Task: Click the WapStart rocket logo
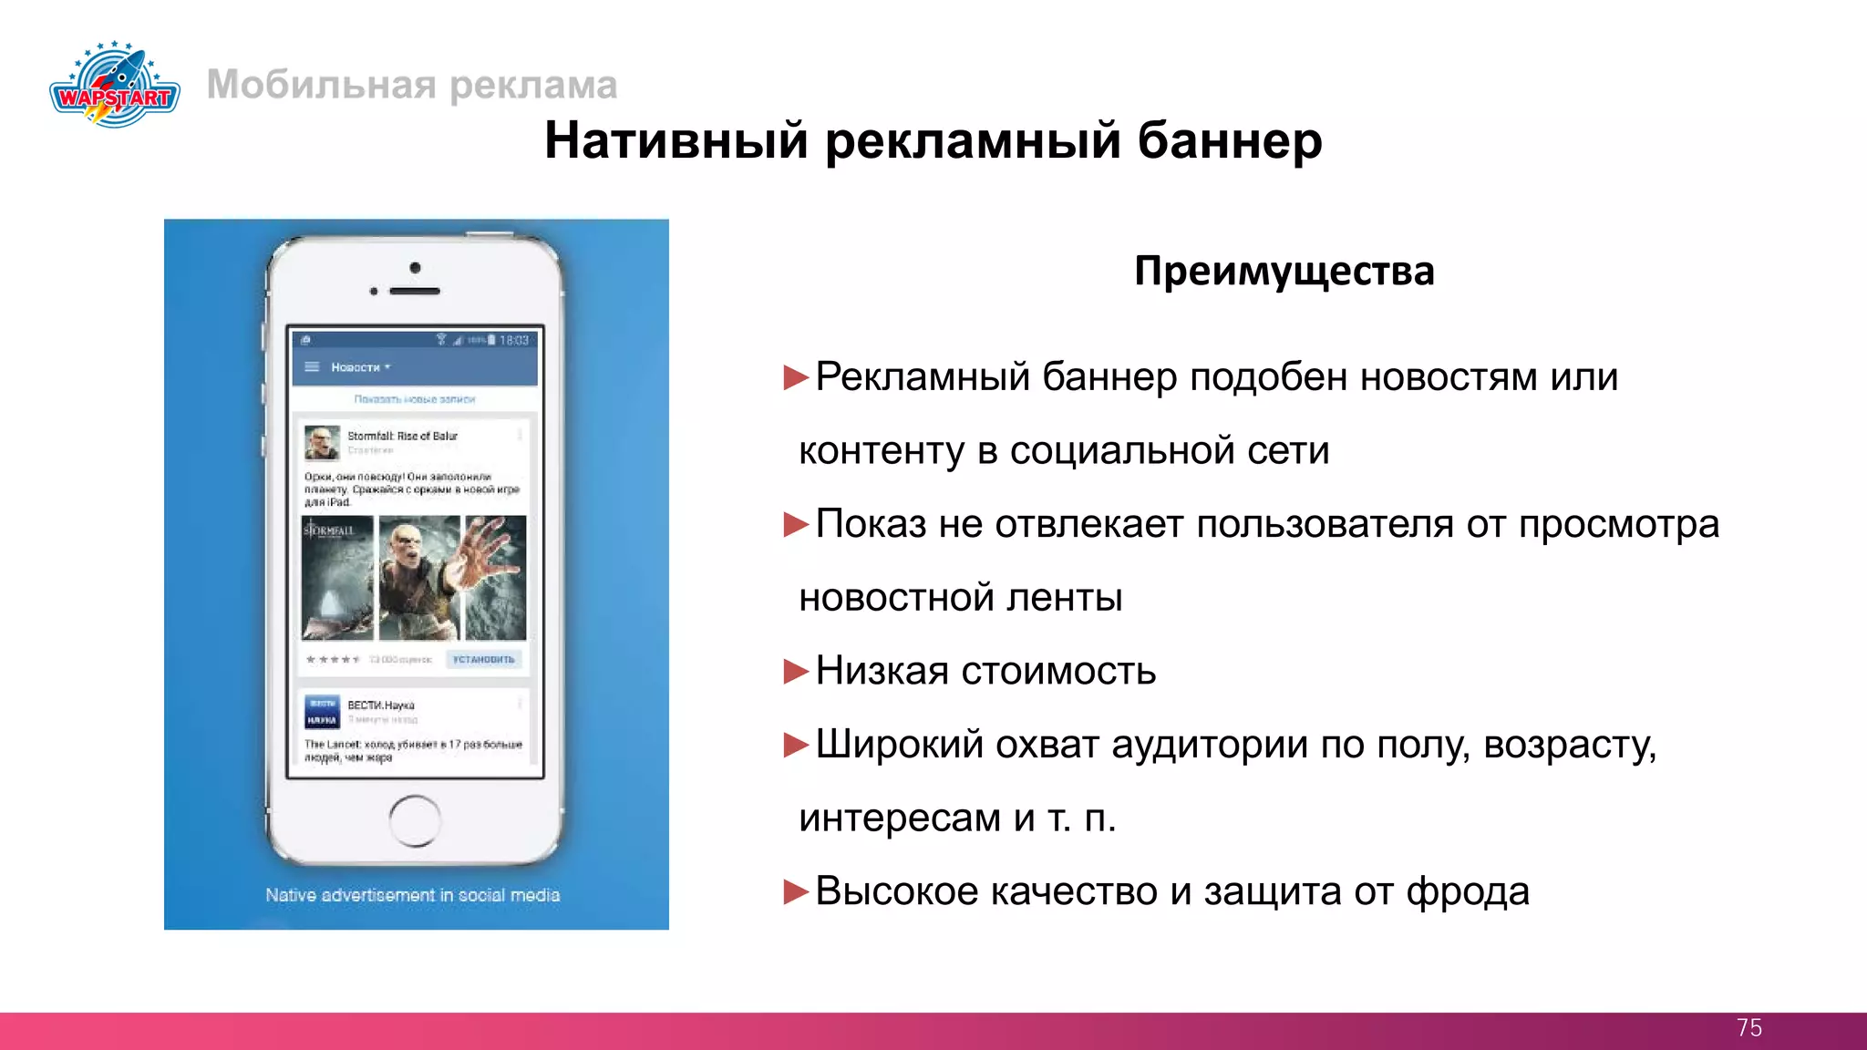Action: pyautogui.click(x=115, y=84)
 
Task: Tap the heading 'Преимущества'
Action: pyautogui.click(x=1284, y=271)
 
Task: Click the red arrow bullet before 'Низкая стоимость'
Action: pyautogui.click(x=796, y=672)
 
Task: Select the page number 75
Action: pyautogui.click(x=1748, y=1028)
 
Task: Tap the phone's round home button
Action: pyautogui.click(x=415, y=820)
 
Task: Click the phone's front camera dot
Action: pyautogui.click(x=415, y=268)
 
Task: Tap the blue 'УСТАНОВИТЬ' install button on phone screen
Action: pyautogui.click(x=484, y=659)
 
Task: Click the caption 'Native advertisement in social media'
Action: pyautogui.click(x=412, y=895)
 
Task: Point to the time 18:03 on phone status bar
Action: pyautogui.click(x=514, y=341)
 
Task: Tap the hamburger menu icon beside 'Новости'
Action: pyautogui.click(x=312, y=367)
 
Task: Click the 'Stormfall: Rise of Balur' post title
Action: pyautogui.click(x=402, y=436)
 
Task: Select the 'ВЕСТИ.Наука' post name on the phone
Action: pyautogui.click(x=381, y=705)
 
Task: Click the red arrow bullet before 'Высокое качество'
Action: pyautogui.click(x=796, y=891)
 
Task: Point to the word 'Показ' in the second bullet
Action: pyautogui.click(x=871, y=524)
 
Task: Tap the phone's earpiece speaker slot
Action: pyautogui.click(x=415, y=291)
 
